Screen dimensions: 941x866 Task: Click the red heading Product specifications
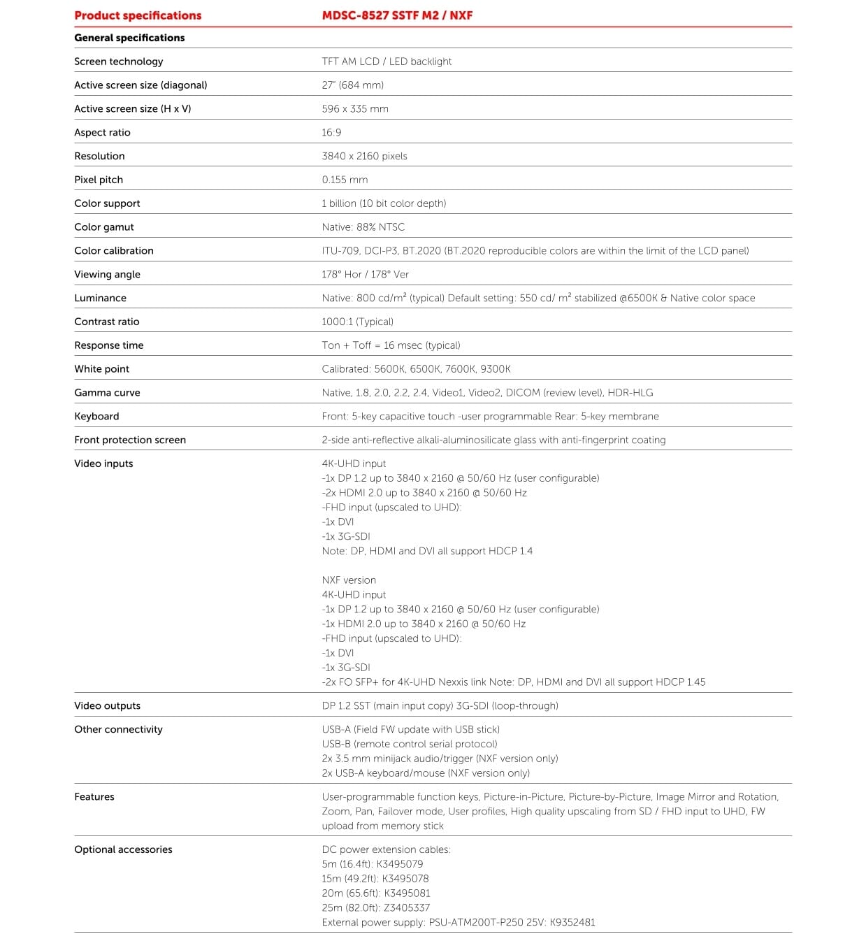point(138,15)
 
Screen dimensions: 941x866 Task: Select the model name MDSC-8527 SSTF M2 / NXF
point(397,15)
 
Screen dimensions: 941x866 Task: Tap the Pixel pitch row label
point(99,180)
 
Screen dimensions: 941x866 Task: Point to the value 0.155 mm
point(345,180)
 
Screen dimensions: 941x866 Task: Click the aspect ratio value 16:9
point(331,132)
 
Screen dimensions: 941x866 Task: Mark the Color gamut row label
point(104,227)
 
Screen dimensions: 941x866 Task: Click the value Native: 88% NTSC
point(363,227)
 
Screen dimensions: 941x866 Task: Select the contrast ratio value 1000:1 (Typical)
point(357,322)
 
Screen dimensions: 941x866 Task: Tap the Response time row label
point(109,345)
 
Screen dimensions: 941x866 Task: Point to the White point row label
point(102,369)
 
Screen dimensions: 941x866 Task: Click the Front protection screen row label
point(130,440)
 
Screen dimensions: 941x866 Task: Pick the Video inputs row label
point(103,464)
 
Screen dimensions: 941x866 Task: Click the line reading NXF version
point(349,580)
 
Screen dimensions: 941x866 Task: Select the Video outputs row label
point(108,706)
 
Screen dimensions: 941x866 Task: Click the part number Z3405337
point(407,907)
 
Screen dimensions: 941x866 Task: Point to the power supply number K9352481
point(572,922)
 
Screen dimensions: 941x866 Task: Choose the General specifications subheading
point(129,38)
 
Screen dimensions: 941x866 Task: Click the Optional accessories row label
point(123,849)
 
